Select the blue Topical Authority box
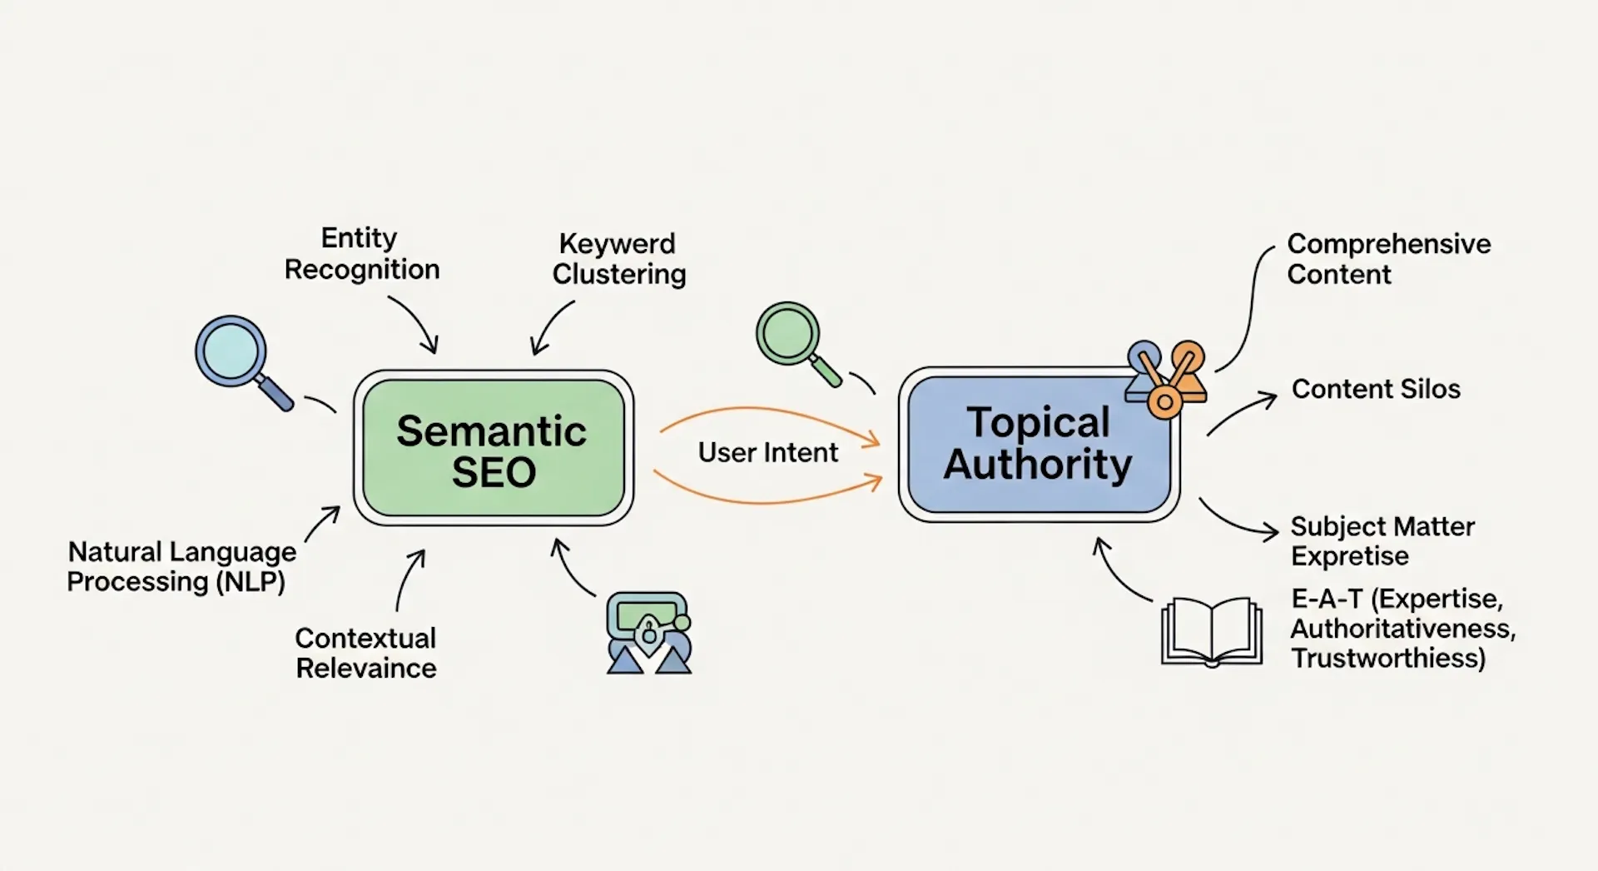point(1038,444)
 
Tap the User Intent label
point(767,452)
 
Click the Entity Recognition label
point(361,254)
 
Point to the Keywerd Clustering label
point(618,259)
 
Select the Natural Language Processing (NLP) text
point(181,566)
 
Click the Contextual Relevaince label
point(365,653)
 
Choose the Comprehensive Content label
point(1387,259)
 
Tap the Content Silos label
point(1375,389)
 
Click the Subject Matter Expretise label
point(1381,541)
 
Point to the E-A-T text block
point(1402,628)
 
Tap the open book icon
point(1211,631)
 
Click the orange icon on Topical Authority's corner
point(1167,379)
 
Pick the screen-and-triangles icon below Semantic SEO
point(648,633)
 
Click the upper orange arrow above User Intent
point(770,416)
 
